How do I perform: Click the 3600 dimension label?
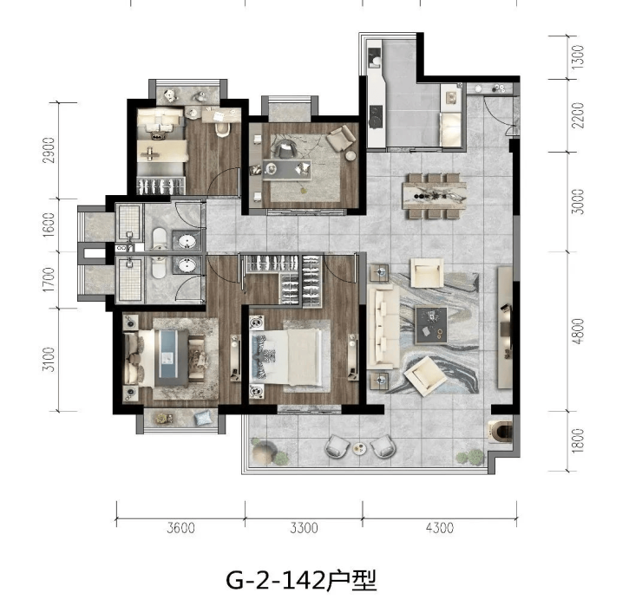click(x=181, y=528)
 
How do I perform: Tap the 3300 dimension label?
click(x=304, y=528)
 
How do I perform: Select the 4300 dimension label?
click(x=440, y=528)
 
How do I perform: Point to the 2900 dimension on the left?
click(x=49, y=150)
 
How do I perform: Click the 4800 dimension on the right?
click(x=578, y=331)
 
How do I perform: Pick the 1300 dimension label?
click(x=577, y=56)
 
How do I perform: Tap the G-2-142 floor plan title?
click(x=301, y=579)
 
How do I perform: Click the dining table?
click(x=435, y=196)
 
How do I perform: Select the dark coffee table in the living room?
click(x=431, y=325)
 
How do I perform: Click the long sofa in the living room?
click(x=383, y=327)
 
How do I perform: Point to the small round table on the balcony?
click(x=360, y=448)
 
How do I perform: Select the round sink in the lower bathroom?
click(x=187, y=266)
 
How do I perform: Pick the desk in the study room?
click(x=286, y=169)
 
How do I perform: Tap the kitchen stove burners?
click(x=376, y=117)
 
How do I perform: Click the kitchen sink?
click(x=375, y=57)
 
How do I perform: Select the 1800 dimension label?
click(x=577, y=440)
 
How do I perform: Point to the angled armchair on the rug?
click(x=425, y=375)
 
